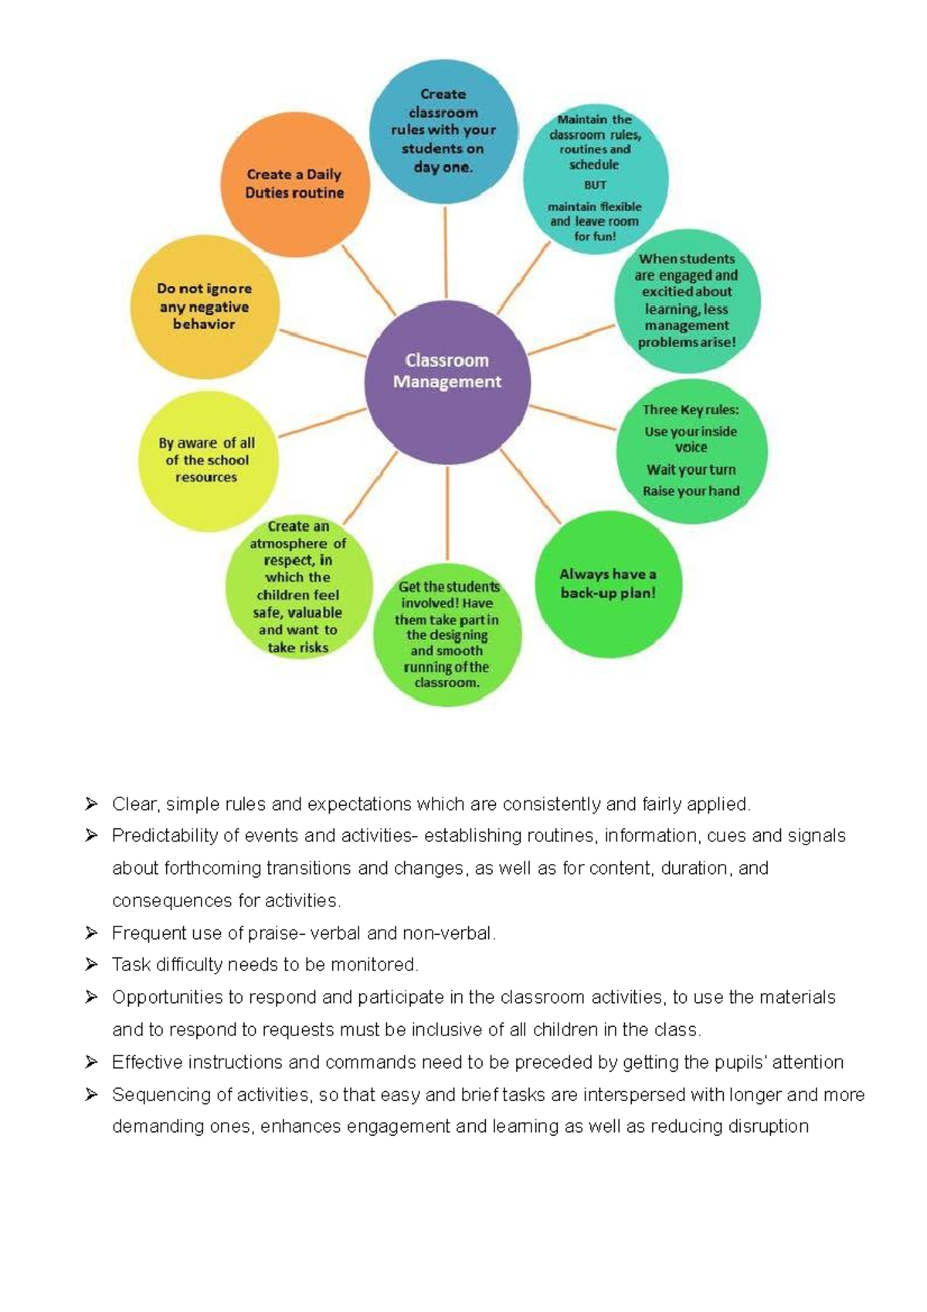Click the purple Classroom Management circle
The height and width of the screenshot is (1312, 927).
[447, 382]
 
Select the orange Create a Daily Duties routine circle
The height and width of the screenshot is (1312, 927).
[295, 184]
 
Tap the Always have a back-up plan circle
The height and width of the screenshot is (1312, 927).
[609, 584]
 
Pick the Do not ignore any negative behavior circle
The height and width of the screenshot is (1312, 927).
[205, 307]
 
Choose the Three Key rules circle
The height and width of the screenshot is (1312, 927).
[691, 451]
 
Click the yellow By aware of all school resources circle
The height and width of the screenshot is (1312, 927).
[208, 461]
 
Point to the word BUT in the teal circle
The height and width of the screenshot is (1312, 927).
[595, 185]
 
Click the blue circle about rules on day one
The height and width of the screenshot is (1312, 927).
[443, 131]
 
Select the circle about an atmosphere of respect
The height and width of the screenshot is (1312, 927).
[298, 587]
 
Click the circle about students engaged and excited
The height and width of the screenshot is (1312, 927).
[687, 301]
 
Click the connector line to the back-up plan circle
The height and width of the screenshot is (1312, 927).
[530, 485]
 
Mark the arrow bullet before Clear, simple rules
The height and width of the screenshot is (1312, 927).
[91, 804]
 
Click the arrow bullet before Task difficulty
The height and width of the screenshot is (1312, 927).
[91, 964]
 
